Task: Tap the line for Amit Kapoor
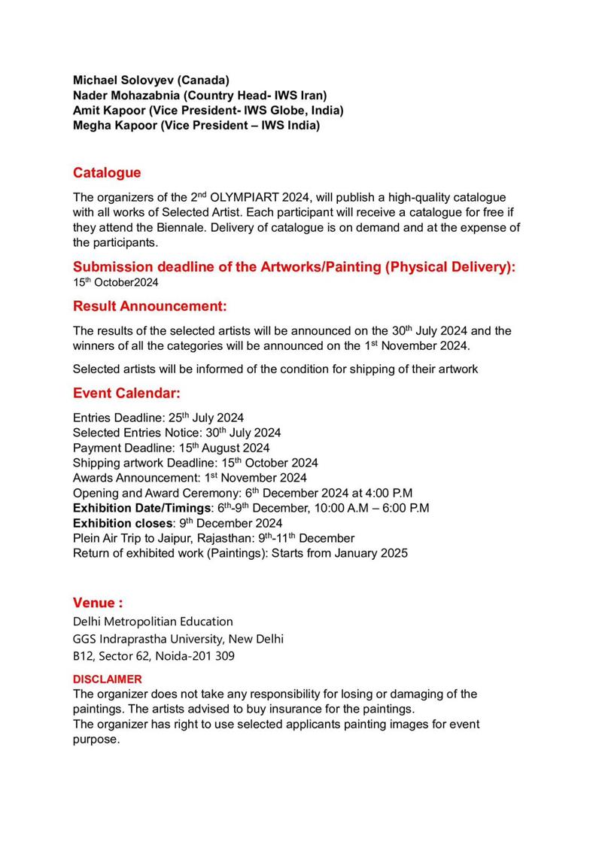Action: [x=208, y=111]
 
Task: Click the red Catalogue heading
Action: [x=107, y=173]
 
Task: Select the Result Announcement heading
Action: [x=150, y=307]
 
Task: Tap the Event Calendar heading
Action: [x=126, y=394]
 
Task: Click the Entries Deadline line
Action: [x=158, y=418]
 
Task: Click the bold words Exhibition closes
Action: [x=123, y=524]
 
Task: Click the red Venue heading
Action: [x=98, y=603]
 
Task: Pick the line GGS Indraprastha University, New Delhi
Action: [x=178, y=640]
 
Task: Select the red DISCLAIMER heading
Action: [x=107, y=679]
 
